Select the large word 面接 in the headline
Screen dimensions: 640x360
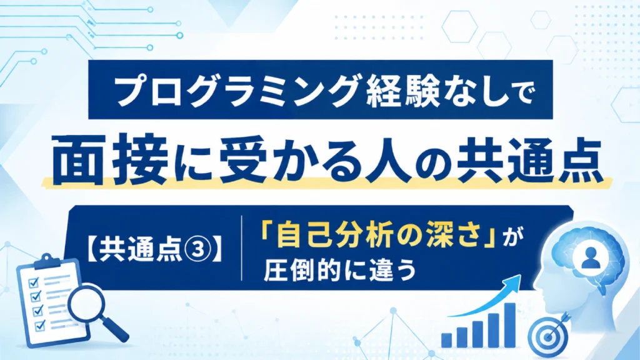click(x=110, y=161)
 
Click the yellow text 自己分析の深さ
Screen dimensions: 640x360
click(x=378, y=236)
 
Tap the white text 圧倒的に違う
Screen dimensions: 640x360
click(x=340, y=270)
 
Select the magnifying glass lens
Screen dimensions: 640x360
click(x=86, y=303)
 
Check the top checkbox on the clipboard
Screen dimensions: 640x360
click(x=34, y=282)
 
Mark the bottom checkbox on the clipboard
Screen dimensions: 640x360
click(x=39, y=325)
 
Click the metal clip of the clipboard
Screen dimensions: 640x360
click(x=47, y=261)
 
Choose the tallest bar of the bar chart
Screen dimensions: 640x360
click(x=510, y=325)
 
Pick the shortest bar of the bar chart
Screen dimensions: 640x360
click(x=446, y=341)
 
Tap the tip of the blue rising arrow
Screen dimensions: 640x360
click(x=521, y=276)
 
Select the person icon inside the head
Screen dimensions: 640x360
click(x=590, y=258)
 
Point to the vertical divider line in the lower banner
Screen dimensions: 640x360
click(x=242, y=248)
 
